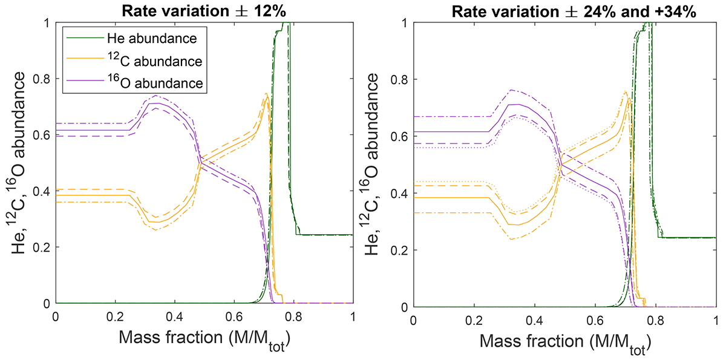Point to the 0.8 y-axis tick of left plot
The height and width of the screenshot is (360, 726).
tap(43, 79)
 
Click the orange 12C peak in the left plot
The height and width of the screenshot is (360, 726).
tap(266, 94)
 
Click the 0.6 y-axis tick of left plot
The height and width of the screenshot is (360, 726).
tap(43, 135)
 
